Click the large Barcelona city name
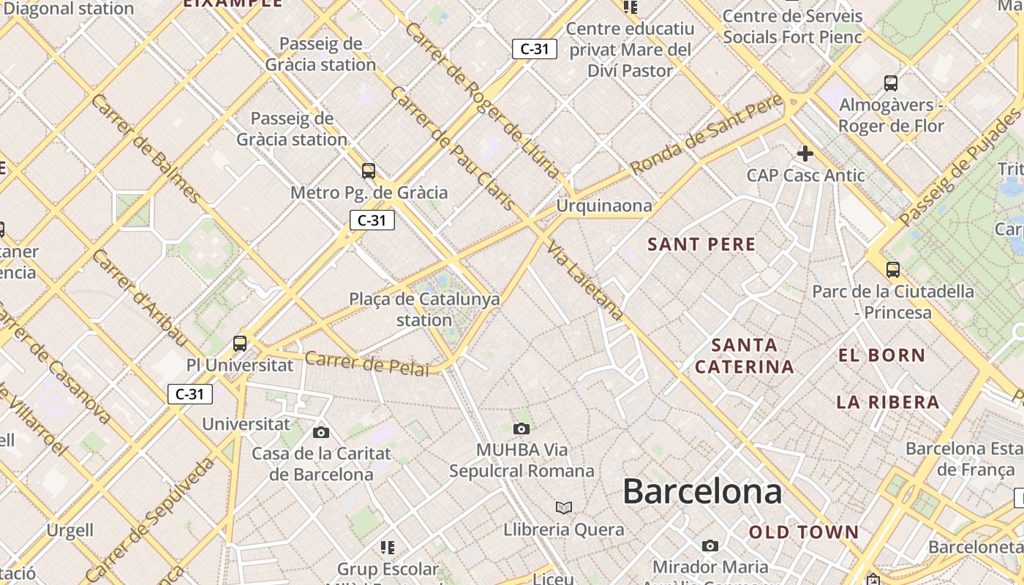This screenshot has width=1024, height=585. click(x=702, y=491)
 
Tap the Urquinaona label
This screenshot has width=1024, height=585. click(x=603, y=206)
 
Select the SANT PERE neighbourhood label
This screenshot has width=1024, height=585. click(x=701, y=244)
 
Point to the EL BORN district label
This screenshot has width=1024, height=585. click(x=881, y=355)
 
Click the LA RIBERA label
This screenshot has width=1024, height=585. click(x=888, y=401)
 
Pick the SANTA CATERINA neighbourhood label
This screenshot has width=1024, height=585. click(x=745, y=355)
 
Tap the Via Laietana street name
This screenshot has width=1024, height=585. click(x=586, y=280)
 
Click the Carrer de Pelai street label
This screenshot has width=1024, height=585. click(x=366, y=363)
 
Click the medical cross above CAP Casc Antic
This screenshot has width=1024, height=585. click(x=805, y=154)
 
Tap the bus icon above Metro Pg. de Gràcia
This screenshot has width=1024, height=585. click(x=369, y=171)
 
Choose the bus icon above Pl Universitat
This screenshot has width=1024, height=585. click(x=240, y=343)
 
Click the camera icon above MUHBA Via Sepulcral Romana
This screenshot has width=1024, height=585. click(x=522, y=429)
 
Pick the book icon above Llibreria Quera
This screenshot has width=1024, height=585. click(x=563, y=507)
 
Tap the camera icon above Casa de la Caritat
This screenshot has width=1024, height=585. click(x=321, y=432)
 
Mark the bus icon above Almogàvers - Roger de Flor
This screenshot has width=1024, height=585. click(x=891, y=83)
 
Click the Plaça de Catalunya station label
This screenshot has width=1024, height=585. click(x=424, y=309)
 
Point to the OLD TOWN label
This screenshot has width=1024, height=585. click(x=804, y=532)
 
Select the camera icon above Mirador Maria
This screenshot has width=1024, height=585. click(x=709, y=546)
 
